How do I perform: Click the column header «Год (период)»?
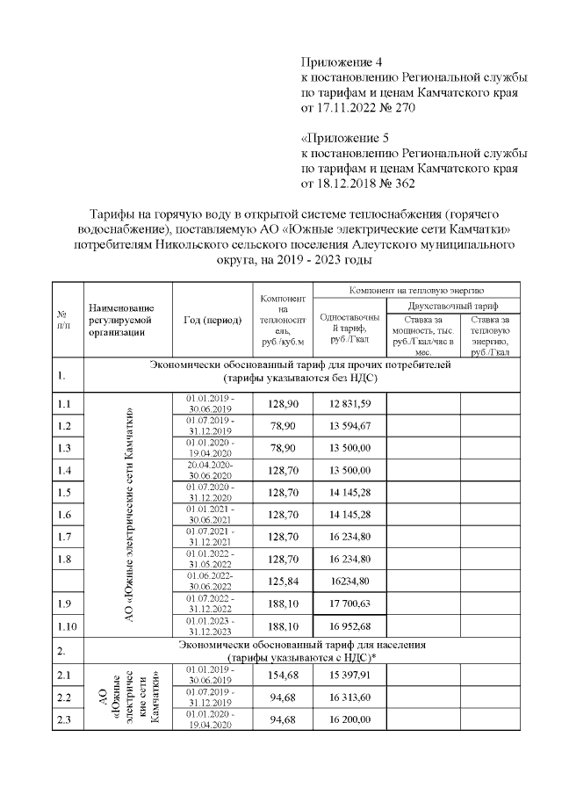click(x=213, y=320)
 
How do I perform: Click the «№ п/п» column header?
click(x=62, y=320)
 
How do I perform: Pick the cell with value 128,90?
click(x=283, y=403)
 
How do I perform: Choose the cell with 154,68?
click(x=283, y=675)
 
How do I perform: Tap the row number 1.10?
click(x=66, y=625)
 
